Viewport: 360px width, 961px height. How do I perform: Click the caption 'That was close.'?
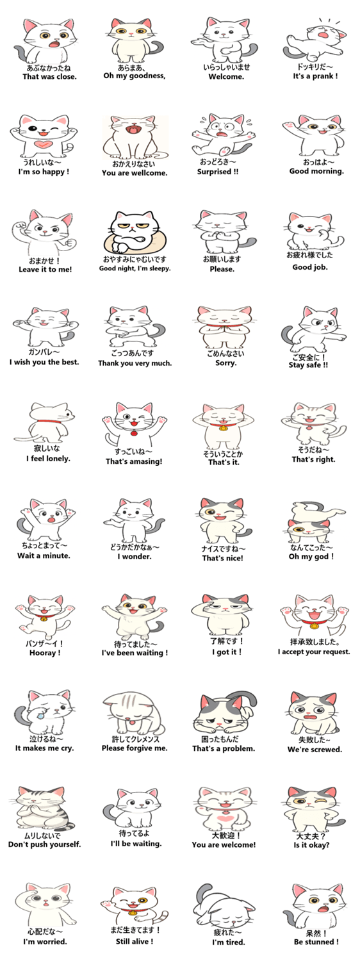pos(49,77)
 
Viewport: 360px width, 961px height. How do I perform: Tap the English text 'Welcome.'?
pos(226,77)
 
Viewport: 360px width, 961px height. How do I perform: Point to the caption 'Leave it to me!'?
pos(45,270)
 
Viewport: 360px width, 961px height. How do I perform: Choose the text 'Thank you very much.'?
pos(135,363)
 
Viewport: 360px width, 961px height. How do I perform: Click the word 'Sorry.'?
pos(225,363)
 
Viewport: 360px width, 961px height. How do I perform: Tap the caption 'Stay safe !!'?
pos(308,365)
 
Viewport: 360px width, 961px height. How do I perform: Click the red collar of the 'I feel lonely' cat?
pos(49,422)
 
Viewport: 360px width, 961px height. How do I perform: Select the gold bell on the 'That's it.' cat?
pos(223,427)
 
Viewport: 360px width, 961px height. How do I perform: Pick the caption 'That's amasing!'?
pos(134,462)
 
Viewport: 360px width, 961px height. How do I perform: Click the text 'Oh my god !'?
pos(311,557)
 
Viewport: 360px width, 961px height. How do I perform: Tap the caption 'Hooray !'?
pos(45,653)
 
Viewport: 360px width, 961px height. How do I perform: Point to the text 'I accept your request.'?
pos(314,652)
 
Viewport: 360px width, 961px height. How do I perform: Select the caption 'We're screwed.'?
pos(315,750)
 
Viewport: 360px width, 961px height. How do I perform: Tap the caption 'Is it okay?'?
pos(311,845)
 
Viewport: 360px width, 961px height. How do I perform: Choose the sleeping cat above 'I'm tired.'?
pos(223,905)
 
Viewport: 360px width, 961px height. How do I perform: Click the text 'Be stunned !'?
pos(316,942)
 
